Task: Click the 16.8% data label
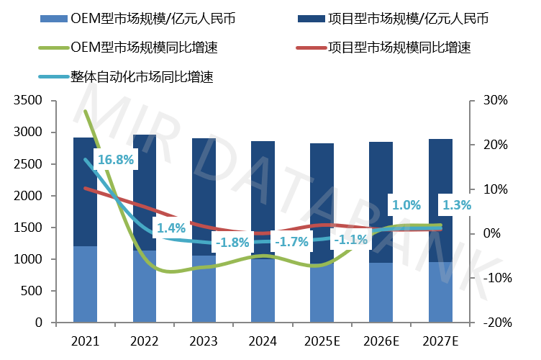pos(116,160)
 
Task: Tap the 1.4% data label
pos(171,228)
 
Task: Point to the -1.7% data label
pos(293,242)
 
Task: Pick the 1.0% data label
pos(406,205)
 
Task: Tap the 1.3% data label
pos(456,205)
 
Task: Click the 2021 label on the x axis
pos(85,340)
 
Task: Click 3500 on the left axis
pos(28,101)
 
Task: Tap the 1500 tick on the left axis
pos(28,228)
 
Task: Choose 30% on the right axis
pos(494,101)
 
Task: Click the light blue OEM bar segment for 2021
pos(85,284)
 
